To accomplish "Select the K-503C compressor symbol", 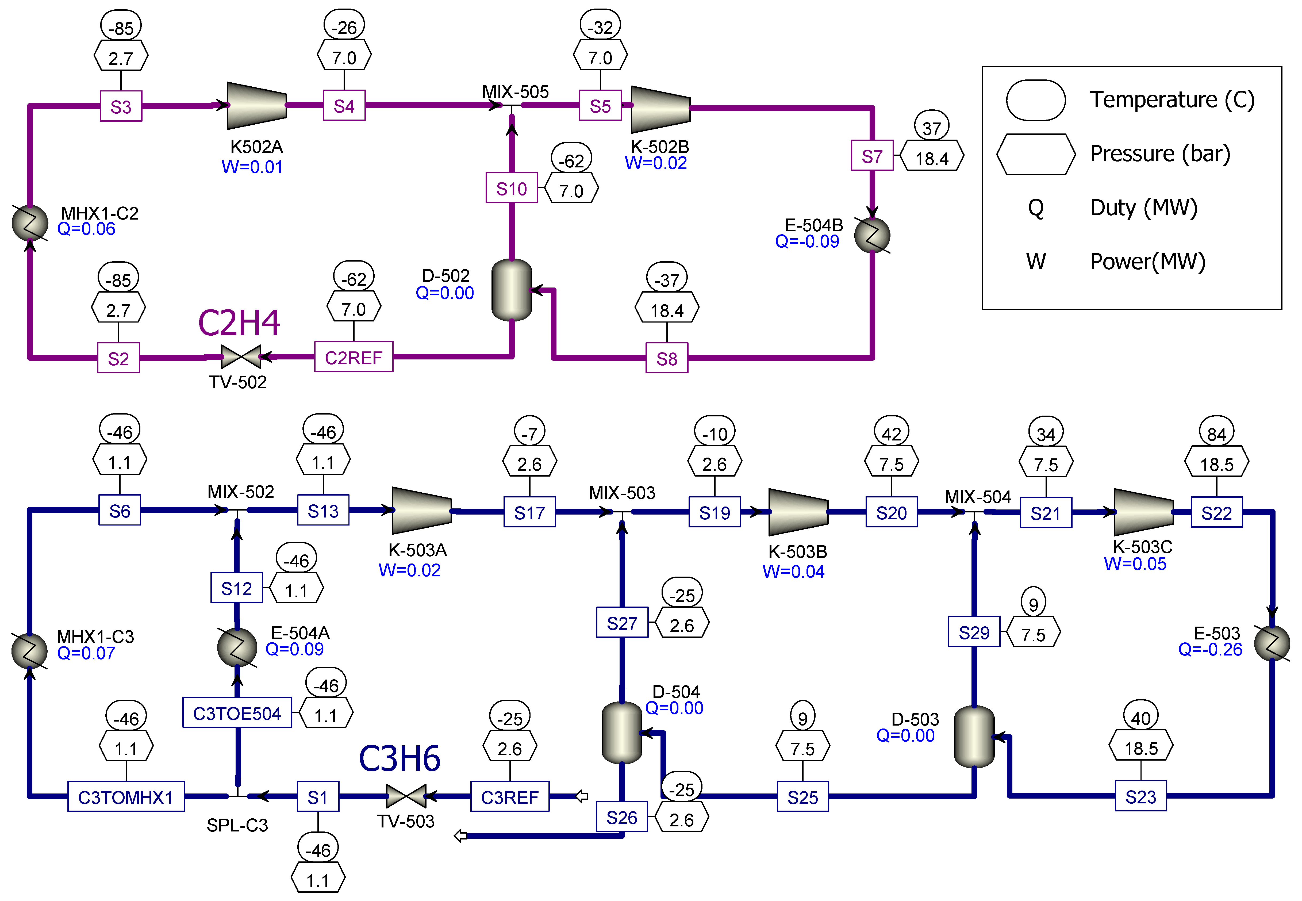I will coord(1143,512).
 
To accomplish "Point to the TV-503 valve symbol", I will coord(406,796).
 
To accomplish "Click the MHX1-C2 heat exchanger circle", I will coord(30,223).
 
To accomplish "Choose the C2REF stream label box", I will coord(353,357).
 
